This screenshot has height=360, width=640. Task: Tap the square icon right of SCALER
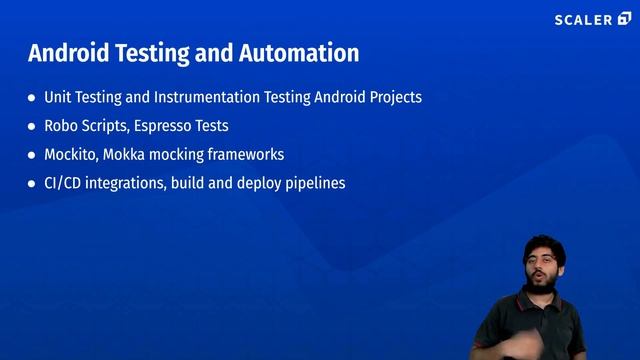[625, 19]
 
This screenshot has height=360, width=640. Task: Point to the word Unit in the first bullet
[58, 98]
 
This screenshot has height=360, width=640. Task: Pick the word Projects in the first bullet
[392, 98]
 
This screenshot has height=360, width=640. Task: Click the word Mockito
[70, 155]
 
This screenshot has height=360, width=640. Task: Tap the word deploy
[253, 184]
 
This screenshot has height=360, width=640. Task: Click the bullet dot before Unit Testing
[32, 99]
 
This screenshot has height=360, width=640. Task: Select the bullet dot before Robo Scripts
[32, 127]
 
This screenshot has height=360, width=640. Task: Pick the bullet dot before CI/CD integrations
[32, 185]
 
